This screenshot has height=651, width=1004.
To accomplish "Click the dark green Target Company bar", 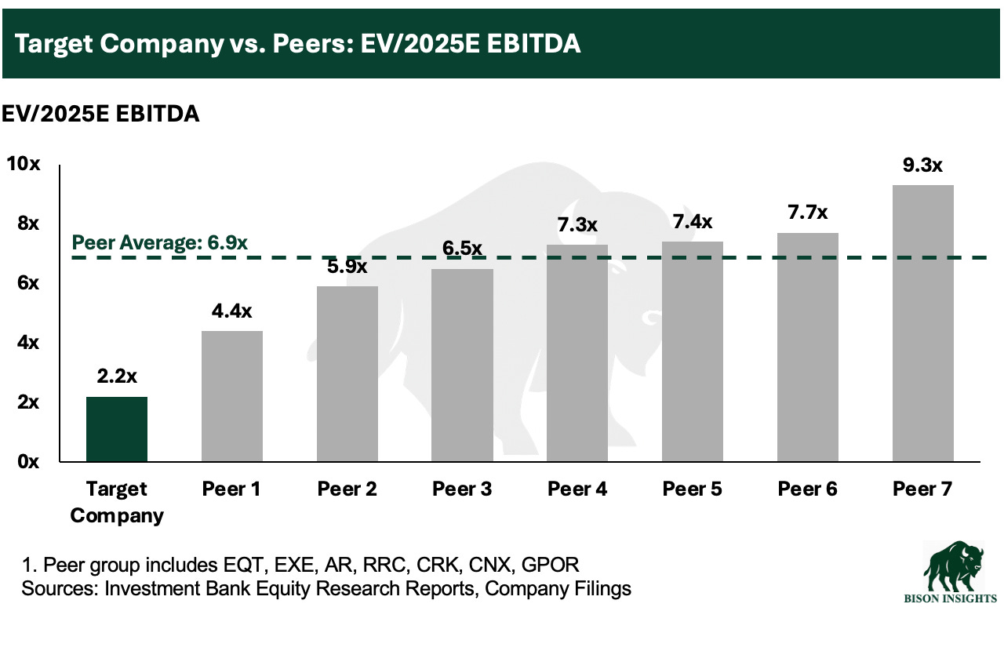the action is tap(117, 429).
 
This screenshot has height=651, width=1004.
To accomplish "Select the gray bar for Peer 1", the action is tap(232, 396).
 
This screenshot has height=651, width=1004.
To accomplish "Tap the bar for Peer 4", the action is tap(577, 353).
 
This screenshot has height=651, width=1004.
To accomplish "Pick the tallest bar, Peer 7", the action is tap(923, 323).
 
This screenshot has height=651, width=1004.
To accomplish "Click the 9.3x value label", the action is tap(922, 165).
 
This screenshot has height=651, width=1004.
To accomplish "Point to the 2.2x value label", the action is tap(117, 376).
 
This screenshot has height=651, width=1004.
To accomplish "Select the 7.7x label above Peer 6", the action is tap(808, 212).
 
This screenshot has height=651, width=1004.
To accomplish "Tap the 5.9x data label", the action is tap(347, 267).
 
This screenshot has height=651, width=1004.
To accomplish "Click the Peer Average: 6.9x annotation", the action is tap(159, 242).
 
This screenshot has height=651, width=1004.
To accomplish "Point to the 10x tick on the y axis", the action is tap(24, 164).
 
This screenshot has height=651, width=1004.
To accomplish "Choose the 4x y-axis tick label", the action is tap(28, 343).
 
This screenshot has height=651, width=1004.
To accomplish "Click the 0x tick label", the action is tap(28, 461).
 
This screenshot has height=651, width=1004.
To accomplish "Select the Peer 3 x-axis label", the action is tap(462, 489).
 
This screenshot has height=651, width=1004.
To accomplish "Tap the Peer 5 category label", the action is tap(693, 489).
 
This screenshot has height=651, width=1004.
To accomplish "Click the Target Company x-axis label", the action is tap(117, 502).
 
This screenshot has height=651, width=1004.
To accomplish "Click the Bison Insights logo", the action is tap(950, 572).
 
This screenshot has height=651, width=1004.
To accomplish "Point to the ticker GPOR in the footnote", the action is tap(550, 565).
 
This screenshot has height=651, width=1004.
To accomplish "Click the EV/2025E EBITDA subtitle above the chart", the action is tap(100, 114).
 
